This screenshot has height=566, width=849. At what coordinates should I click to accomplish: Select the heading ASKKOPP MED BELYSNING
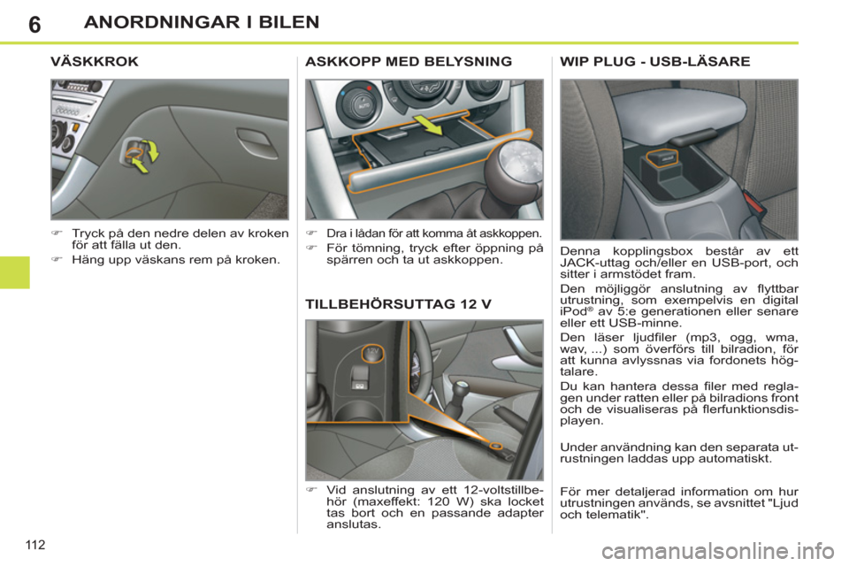tap(408, 64)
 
